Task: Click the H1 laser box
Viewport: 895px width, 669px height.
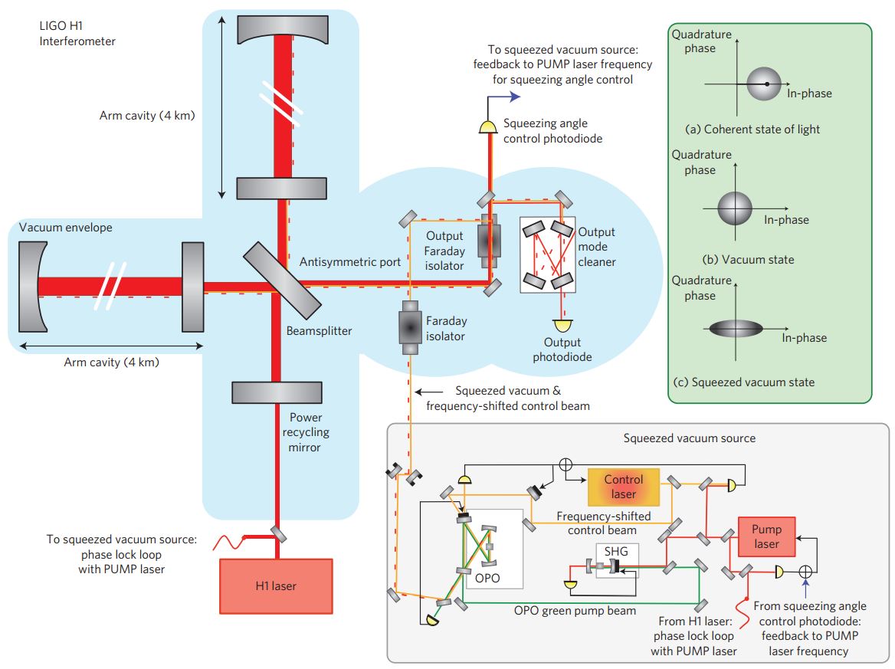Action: pyautogui.click(x=276, y=586)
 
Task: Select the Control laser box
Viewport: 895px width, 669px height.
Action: pyautogui.click(x=623, y=487)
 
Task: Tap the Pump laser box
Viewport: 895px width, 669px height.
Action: pyautogui.click(x=766, y=536)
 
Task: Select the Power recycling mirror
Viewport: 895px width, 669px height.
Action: pyautogui.click(x=276, y=392)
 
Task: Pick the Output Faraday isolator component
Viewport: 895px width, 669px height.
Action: pyautogui.click(x=487, y=241)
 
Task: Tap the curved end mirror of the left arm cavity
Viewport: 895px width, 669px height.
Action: pyautogui.click(x=31, y=287)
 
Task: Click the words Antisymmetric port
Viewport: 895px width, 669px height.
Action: pyautogui.click(x=349, y=262)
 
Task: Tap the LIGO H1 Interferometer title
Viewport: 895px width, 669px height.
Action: pyautogui.click(x=77, y=34)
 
